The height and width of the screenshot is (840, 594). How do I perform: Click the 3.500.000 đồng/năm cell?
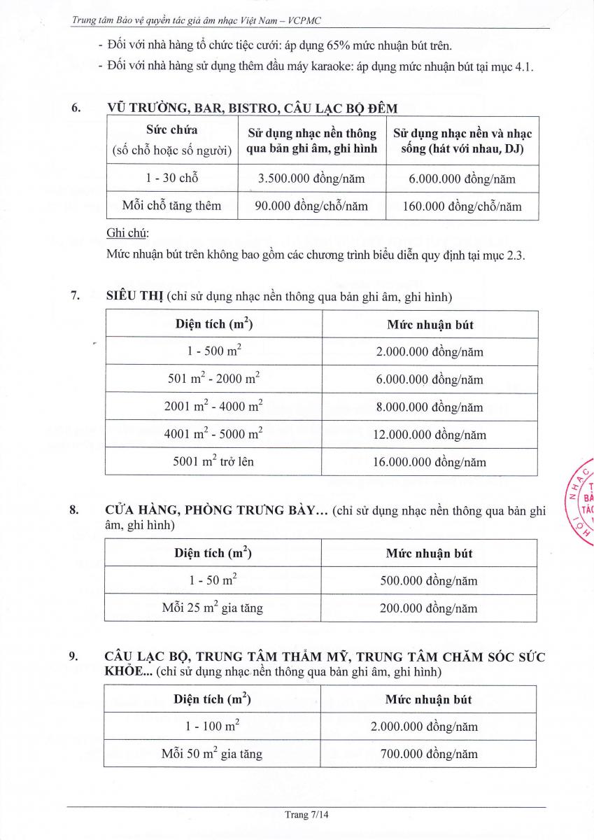pyautogui.click(x=311, y=178)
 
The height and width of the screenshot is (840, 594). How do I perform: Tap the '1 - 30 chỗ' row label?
pyautogui.click(x=171, y=178)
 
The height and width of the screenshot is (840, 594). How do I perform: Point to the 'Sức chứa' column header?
pyautogui.click(x=171, y=130)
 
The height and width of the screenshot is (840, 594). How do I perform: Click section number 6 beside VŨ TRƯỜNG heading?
pyautogui.click(x=76, y=108)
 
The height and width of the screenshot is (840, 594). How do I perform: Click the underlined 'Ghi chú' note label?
pyautogui.click(x=122, y=232)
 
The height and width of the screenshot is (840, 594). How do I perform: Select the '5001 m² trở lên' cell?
pyautogui.click(x=213, y=461)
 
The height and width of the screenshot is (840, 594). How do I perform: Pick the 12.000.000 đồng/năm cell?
pyautogui.click(x=429, y=435)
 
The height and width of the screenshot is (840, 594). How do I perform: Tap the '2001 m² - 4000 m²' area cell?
pyautogui.click(x=213, y=407)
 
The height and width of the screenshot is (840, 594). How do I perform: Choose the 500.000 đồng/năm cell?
pyautogui.click(x=428, y=581)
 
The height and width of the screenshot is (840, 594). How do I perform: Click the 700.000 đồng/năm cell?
pyautogui.click(x=428, y=754)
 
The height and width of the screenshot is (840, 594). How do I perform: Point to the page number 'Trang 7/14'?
pyautogui.click(x=306, y=815)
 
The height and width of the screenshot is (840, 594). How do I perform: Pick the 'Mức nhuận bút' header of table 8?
pyautogui.click(x=429, y=553)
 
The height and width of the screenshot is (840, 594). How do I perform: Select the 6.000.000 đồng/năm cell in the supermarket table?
pyautogui.click(x=429, y=380)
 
